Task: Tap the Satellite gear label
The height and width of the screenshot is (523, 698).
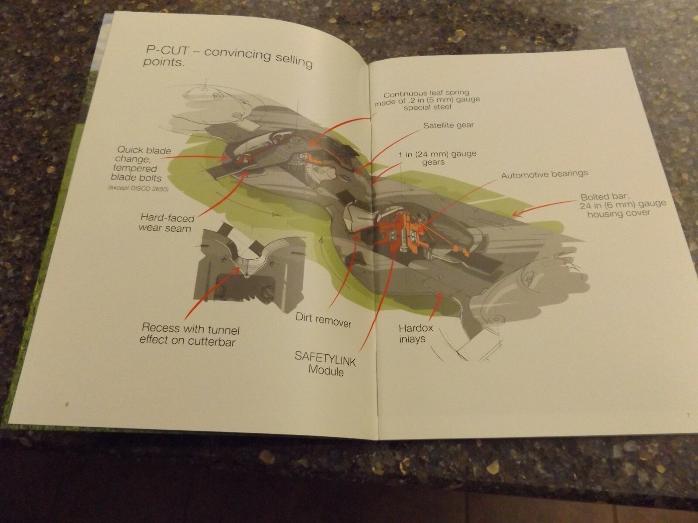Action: (x=448, y=125)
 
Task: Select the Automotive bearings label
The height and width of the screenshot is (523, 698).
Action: (x=544, y=174)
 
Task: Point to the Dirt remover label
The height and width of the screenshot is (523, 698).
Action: (x=323, y=320)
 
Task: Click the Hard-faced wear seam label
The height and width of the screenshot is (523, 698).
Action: (x=166, y=223)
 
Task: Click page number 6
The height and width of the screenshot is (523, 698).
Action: (x=67, y=404)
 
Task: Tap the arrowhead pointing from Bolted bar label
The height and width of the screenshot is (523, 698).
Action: (x=516, y=214)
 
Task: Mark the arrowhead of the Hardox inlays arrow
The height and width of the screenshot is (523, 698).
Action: (x=440, y=295)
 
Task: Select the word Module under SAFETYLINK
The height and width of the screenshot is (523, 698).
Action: (x=326, y=370)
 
